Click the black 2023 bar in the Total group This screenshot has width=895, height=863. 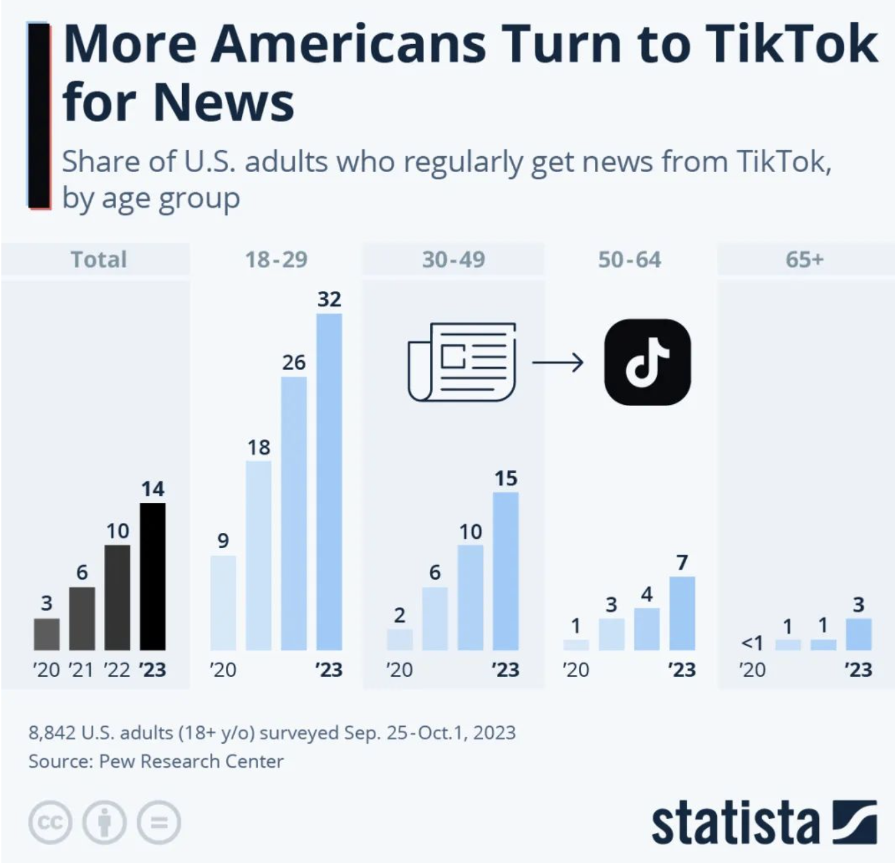pyautogui.click(x=153, y=576)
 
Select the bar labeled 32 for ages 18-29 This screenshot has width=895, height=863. pyautogui.click(x=329, y=482)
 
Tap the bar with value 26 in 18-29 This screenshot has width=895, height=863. pyautogui.click(x=294, y=513)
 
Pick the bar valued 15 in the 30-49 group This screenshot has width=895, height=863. pyautogui.click(x=506, y=571)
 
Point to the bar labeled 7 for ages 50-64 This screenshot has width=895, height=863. pyautogui.click(x=682, y=613)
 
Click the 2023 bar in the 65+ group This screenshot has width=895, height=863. pyautogui.click(x=858, y=634)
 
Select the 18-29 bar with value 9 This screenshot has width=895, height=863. pyautogui.click(x=223, y=602)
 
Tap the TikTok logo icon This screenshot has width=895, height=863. pyautogui.click(x=647, y=362)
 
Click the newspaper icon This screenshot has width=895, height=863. pyautogui.click(x=462, y=362)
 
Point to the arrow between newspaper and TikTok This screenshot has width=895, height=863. pyautogui.click(x=558, y=362)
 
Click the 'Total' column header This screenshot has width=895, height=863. pyautogui.click(x=99, y=259)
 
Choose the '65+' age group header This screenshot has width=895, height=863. pyautogui.click(x=804, y=259)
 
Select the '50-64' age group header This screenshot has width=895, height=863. pyautogui.click(x=629, y=259)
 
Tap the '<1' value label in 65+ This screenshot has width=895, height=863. pyautogui.click(x=752, y=643)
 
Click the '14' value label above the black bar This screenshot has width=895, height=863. pyautogui.click(x=153, y=489)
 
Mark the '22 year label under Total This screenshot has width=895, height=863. pyautogui.click(x=117, y=669)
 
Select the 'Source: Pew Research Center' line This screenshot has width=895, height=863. pyautogui.click(x=156, y=761)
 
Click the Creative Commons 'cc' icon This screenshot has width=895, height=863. pyautogui.click(x=50, y=822)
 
